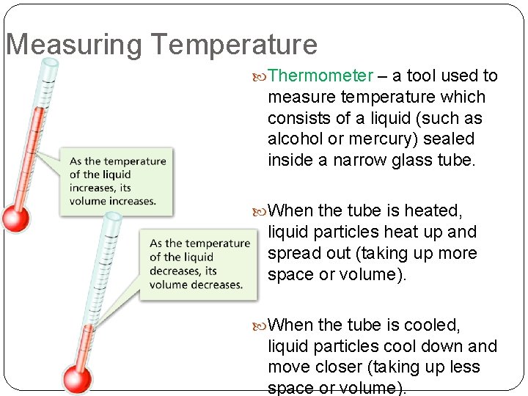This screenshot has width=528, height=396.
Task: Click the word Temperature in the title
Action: coord(235,45)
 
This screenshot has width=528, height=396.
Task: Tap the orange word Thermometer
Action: coord(320,76)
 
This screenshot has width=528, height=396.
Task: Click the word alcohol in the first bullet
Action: coord(297,139)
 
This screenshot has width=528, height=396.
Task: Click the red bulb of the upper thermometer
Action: coord(14,219)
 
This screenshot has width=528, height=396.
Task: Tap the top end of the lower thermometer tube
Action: coord(113,218)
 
